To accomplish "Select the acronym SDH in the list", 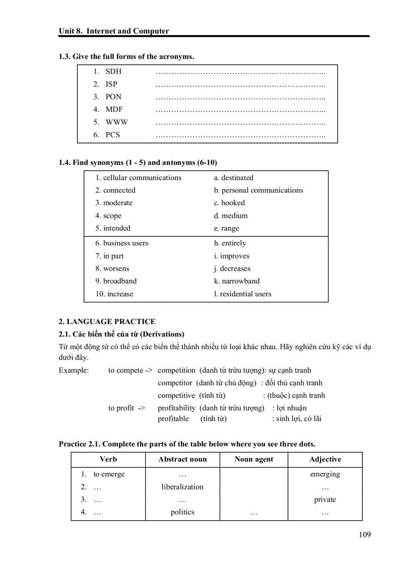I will tap(113, 71).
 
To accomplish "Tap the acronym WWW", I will tap(117, 122).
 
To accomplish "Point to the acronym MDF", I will tap(114, 109).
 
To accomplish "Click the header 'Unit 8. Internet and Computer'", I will tap(114, 31).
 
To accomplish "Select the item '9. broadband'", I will tap(116, 281).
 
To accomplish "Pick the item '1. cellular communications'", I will tap(138, 178).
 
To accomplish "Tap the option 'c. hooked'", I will tap(229, 203).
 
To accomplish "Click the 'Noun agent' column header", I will tap(254, 459).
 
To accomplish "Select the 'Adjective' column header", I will tap(325, 459).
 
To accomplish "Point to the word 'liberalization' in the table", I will tap(182, 487).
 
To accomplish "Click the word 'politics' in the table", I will tap(182, 512).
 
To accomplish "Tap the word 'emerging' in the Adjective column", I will tap(325, 474).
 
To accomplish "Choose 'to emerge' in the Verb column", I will tap(109, 474).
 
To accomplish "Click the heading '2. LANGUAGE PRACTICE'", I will tap(107, 321).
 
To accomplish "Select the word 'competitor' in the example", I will tap(176, 383).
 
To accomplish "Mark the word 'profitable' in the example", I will tap(173, 419).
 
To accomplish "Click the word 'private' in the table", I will tap(325, 500).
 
